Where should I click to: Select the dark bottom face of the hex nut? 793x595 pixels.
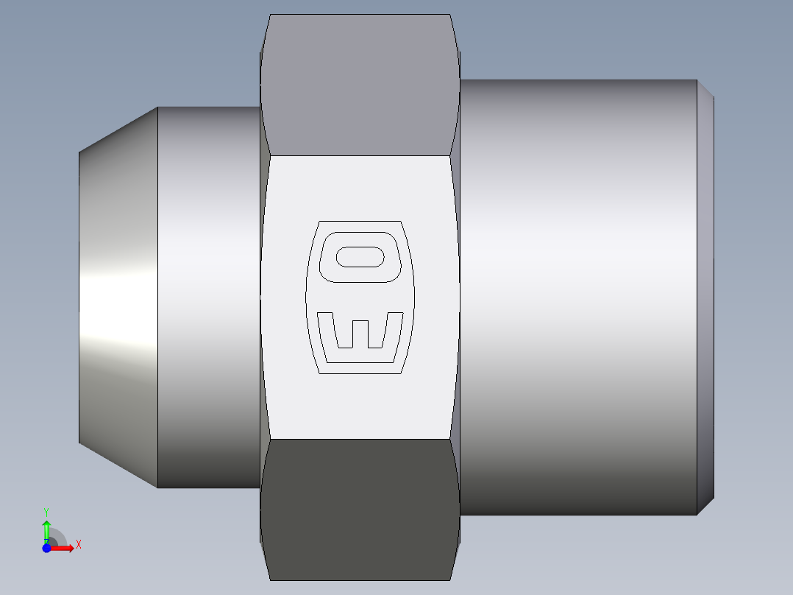[360, 508]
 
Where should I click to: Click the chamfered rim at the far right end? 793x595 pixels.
[705, 295]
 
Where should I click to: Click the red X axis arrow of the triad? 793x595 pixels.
[63, 548]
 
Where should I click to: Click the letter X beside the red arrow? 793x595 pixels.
[78, 545]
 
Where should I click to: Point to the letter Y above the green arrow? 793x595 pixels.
[46, 511]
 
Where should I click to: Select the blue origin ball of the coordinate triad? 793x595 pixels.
[46, 548]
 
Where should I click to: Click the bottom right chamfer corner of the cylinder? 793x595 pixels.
[705, 507]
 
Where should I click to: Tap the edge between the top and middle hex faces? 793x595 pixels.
[360, 155]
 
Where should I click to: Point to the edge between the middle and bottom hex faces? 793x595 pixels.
[360, 440]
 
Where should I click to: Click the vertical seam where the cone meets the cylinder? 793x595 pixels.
[158, 295]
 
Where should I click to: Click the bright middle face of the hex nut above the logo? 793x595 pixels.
[360, 188]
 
